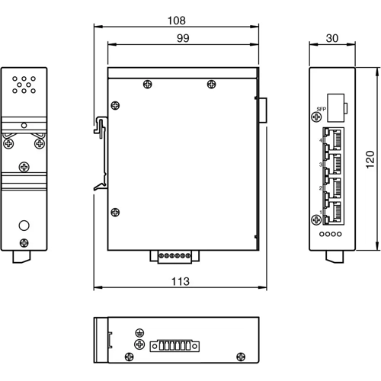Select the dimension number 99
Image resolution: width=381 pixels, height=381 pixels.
[x=179, y=37]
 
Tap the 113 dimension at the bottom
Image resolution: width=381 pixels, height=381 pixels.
[x=179, y=282]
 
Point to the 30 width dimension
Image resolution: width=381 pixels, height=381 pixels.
[x=332, y=37]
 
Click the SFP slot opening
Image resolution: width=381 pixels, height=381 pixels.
[x=335, y=104]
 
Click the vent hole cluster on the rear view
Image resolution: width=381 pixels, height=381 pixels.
[x=24, y=84]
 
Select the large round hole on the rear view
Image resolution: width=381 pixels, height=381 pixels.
[x=24, y=225]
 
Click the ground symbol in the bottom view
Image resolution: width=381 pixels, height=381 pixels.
[x=139, y=332]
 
